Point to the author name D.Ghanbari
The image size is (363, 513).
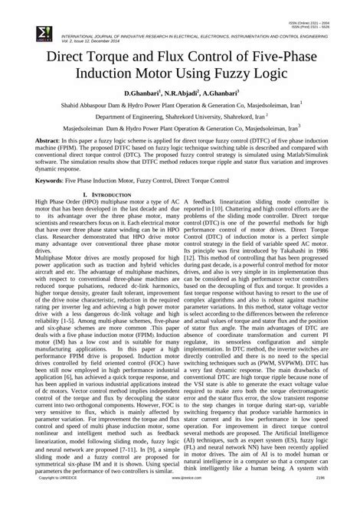click(135, 93)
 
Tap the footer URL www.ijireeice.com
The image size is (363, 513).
click(181, 508)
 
